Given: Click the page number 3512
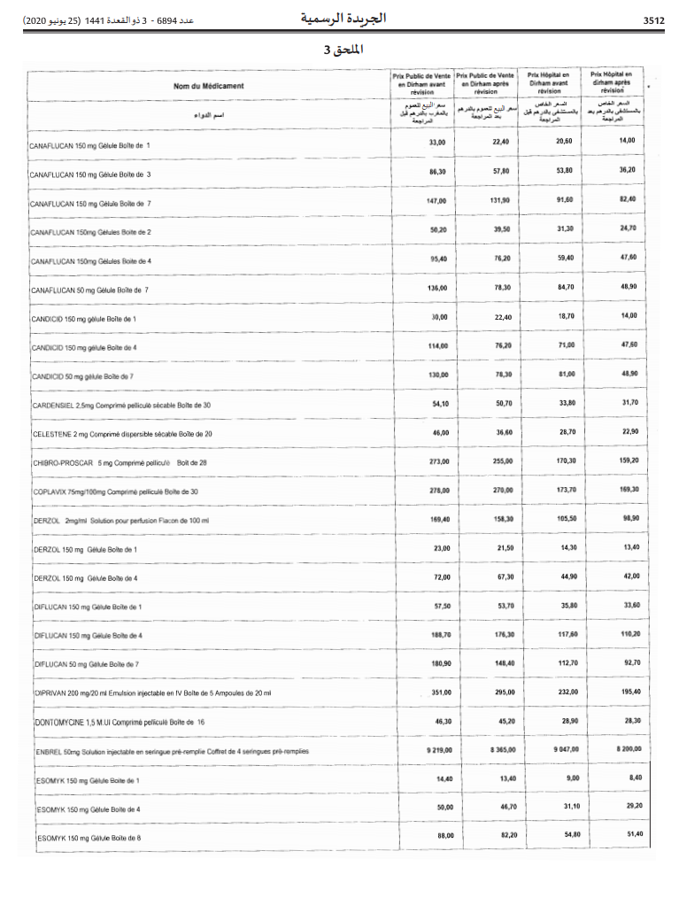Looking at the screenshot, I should point(653,19).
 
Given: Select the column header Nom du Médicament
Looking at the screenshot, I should point(209,86).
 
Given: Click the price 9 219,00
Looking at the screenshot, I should point(438,750).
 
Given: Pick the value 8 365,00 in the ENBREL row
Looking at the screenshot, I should point(501,750).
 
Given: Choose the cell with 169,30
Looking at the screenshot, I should point(629,490).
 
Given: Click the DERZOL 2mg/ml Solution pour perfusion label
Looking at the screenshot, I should point(120,521).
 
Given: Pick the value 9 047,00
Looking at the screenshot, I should point(567,750).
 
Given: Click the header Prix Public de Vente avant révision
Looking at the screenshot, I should point(421,83).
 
